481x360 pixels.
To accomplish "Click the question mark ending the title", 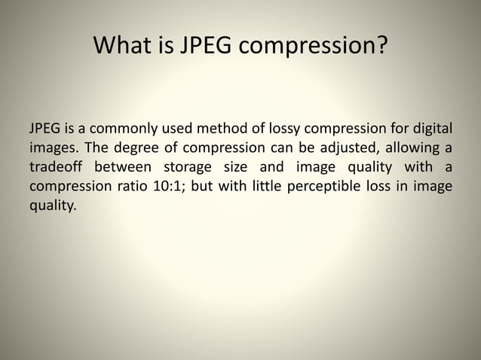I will point(381,47).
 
